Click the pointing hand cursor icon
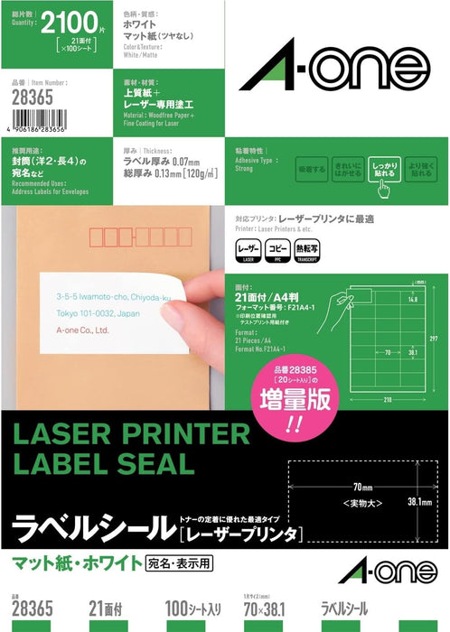(383, 188)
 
